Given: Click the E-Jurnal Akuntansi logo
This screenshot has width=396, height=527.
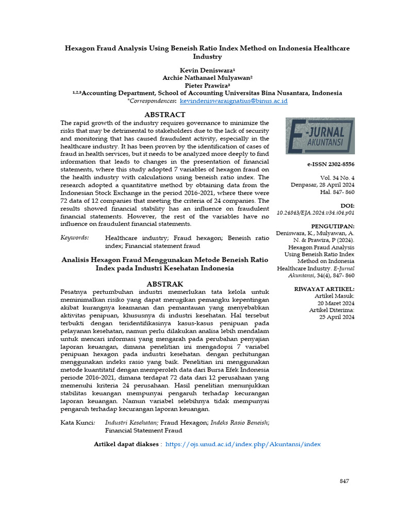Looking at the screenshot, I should click(320, 135).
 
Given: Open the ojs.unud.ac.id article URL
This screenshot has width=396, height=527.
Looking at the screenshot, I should click(243, 444).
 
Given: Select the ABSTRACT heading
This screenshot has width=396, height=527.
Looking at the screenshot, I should click(164, 115).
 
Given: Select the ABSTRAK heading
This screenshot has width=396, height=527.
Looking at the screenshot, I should click(164, 284).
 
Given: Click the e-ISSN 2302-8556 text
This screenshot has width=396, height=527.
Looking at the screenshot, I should click(330, 164).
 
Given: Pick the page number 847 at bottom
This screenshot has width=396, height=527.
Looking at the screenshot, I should click(344, 481).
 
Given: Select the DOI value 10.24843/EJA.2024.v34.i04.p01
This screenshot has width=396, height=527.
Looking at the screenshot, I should click(316, 212).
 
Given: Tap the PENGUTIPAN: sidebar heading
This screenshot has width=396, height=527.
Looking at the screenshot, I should click(333, 226).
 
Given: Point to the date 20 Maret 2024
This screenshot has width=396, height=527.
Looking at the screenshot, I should click(336, 303).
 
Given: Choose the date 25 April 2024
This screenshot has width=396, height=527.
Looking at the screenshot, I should click(337, 317).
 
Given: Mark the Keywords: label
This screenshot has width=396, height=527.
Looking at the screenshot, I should click(75, 238).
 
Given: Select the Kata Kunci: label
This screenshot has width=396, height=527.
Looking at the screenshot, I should click(77, 423).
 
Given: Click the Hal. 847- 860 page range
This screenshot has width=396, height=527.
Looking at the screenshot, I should click(337, 191).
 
